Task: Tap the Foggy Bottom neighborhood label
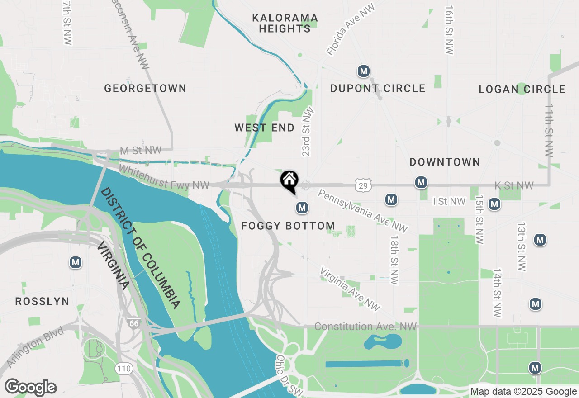pyautogui.click(x=288, y=226)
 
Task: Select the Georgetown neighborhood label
pyautogui.click(x=145, y=88)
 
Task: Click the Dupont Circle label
pyautogui.click(x=378, y=88)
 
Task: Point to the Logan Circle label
pyautogui.click(x=522, y=89)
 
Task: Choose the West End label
pyautogui.click(x=265, y=128)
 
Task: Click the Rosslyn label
pyautogui.click(x=43, y=301)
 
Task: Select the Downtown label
pyautogui.click(x=445, y=162)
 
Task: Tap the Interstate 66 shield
pyautogui.click(x=133, y=323)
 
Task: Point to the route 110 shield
pyautogui.click(x=123, y=369)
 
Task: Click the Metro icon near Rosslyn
pyautogui.click(x=76, y=262)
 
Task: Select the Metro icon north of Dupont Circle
pyautogui.click(x=363, y=71)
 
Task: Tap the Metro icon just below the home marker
pyautogui.click(x=302, y=208)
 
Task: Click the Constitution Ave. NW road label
pyautogui.click(x=365, y=327)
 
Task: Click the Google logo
pyautogui.click(x=30, y=387)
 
